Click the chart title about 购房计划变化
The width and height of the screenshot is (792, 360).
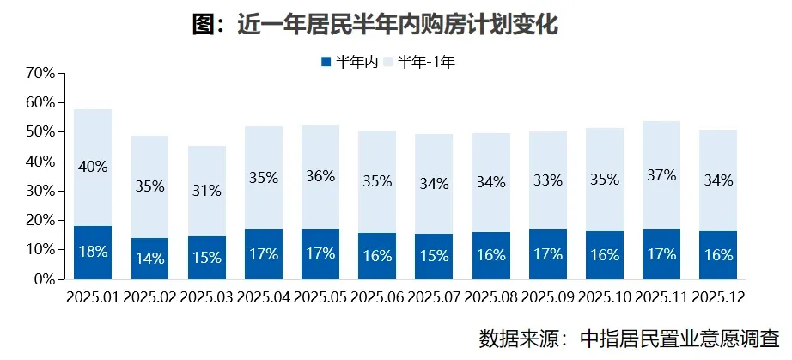pyautogui.click(x=375, y=26)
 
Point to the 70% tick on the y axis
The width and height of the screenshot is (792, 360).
pyautogui.click(x=41, y=73)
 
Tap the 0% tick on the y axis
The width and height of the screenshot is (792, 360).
pyautogui.click(x=45, y=279)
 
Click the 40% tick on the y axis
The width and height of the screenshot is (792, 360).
pyautogui.click(x=41, y=162)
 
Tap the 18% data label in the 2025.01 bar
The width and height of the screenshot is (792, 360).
pyautogui.click(x=93, y=253)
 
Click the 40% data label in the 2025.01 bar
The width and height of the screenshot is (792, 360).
pyautogui.click(x=93, y=167)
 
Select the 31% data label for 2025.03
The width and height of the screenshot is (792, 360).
pyautogui.click(x=207, y=190)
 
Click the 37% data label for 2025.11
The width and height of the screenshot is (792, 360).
pyautogui.click(x=661, y=175)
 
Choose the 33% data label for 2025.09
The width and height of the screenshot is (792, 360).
pyautogui.click(x=547, y=180)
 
